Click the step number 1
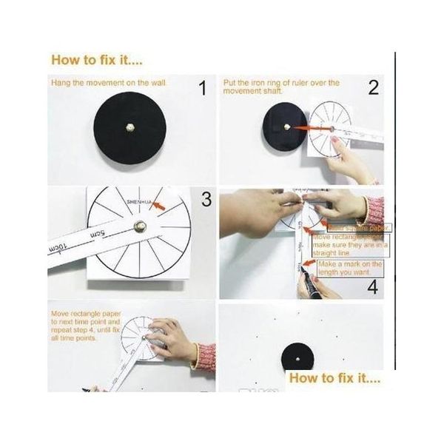pos(201,90)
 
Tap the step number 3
pos(206,199)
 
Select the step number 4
pos(373,283)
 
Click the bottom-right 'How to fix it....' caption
pos(334,378)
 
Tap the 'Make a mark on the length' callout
pos(350,268)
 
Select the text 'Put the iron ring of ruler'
pos(281,83)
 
